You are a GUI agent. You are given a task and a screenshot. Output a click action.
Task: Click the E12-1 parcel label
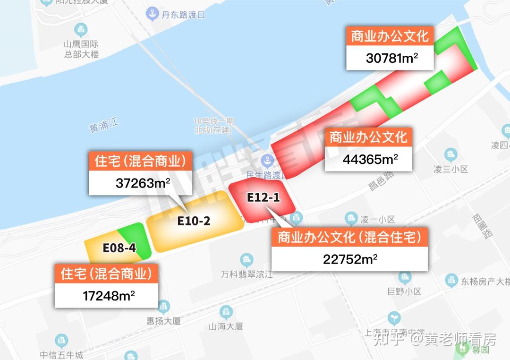pyautogui.click(x=263, y=197)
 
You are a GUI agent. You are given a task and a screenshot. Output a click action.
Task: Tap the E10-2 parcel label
pyautogui.click(x=194, y=221)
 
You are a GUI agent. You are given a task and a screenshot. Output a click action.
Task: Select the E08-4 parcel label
pyautogui.click(x=119, y=248)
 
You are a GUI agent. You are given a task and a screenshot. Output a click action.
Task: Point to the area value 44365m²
pyautogui.click(x=370, y=160)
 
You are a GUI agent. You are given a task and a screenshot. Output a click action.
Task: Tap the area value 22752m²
pyautogui.click(x=350, y=259)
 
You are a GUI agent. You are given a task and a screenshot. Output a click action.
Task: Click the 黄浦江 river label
pyautogui.click(x=104, y=126)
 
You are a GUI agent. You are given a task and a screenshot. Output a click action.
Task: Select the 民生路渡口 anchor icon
pyautogui.click(x=267, y=161)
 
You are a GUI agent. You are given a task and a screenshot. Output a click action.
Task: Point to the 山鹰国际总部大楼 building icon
pyautogui.click(x=82, y=29)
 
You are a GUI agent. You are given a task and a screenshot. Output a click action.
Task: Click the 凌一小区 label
pyautogui.click(x=377, y=219)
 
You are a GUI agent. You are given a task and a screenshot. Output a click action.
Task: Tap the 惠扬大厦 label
pyautogui.click(x=163, y=321)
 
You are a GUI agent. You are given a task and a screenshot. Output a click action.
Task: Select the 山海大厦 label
pyautogui.click(x=226, y=326)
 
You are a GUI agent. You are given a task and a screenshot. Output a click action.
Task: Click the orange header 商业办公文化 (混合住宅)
pyautogui.click(x=349, y=237)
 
